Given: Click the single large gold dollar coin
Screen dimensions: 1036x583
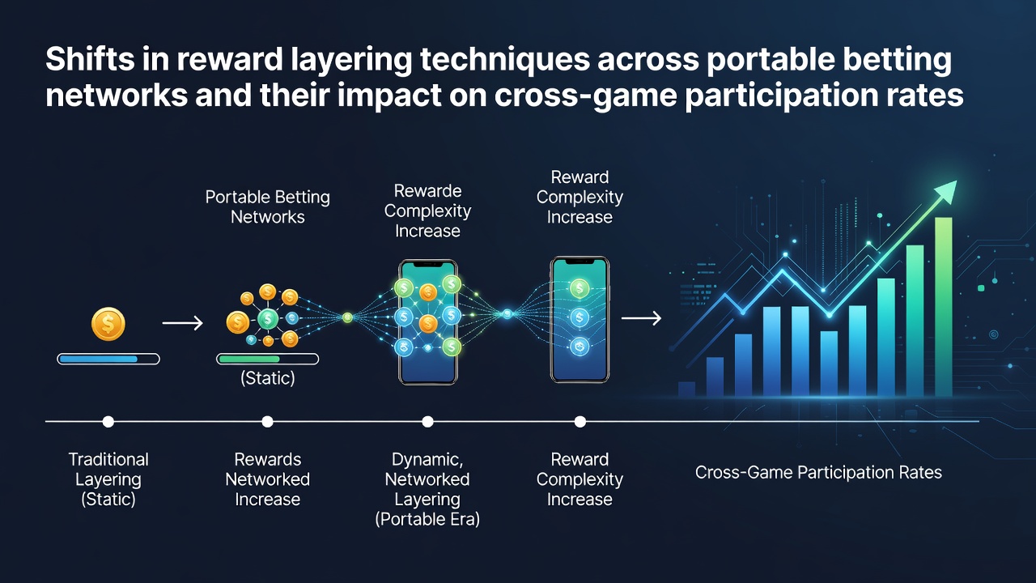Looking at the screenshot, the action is [x=108, y=324].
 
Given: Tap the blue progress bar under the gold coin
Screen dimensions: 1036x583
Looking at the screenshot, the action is [x=108, y=359].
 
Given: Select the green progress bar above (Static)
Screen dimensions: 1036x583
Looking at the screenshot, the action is [x=267, y=359].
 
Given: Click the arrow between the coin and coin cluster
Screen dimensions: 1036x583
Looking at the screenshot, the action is [x=183, y=323].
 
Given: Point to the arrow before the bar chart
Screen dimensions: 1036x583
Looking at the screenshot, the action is [x=641, y=318].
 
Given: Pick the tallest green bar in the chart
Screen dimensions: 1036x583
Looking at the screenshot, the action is [x=944, y=307].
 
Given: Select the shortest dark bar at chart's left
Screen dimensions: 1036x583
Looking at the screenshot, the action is [x=686, y=389].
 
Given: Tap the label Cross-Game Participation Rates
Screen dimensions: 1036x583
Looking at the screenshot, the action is [x=818, y=472].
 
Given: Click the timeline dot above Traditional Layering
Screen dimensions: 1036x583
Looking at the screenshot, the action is [x=108, y=422].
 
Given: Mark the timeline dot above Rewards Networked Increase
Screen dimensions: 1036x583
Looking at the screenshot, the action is [x=267, y=422].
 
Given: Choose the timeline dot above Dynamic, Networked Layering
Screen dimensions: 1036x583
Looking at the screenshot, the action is [x=428, y=422].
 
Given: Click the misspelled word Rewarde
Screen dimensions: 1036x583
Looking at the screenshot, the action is [x=428, y=190].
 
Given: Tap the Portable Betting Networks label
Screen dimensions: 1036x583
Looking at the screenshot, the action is [x=267, y=206].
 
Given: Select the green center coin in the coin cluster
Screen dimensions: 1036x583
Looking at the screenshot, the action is [x=268, y=318].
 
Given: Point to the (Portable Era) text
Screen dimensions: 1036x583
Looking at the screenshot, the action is [x=427, y=519].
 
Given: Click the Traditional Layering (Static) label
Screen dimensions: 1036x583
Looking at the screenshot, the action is [x=108, y=479].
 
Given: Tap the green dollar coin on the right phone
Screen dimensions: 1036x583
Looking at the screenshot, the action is [x=579, y=288].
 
